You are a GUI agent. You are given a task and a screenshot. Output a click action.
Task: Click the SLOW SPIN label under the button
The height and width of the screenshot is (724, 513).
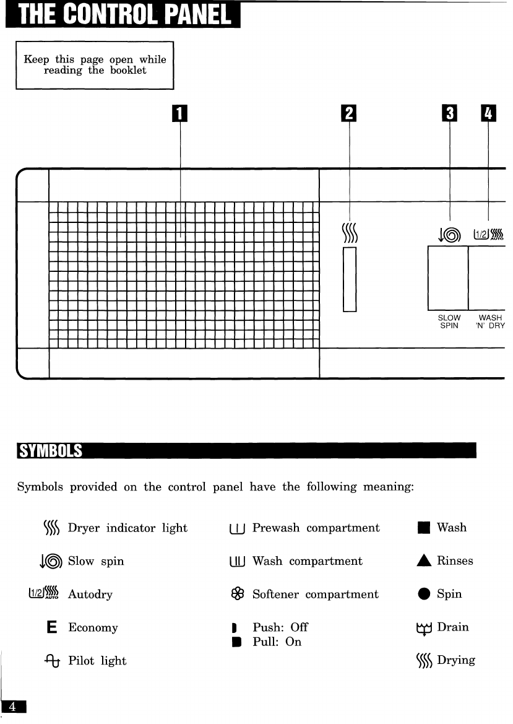pyautogui.click(x=449, y=322)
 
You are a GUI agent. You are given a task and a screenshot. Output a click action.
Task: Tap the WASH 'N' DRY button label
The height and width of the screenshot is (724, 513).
pyautogui.click(x=490, y=322)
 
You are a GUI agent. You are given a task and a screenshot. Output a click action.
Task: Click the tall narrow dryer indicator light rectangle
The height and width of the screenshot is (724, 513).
pyautogui.click(x=350, y=279)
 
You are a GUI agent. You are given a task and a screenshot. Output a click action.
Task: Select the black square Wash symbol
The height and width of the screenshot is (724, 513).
pyautogui.click(x=423, y=528)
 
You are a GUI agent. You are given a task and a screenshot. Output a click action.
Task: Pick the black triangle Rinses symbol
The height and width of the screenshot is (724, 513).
pyautogui.click(x=423, y=561)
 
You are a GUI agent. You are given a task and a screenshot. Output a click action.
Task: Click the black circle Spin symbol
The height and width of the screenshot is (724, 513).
pyautogui.click(x=423, y=595)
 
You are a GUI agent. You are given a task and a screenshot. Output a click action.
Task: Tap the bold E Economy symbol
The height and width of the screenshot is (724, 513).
pyautogui.click(x=52, y=628)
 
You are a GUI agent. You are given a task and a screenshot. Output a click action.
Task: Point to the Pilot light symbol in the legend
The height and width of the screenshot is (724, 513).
pyautogui.click(x=51, y=661)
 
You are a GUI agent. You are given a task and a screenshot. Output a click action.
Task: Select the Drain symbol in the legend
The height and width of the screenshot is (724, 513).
pyautogui.click(x=423, y=628)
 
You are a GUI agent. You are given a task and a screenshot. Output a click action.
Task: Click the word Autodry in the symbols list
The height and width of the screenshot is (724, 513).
pyautogui.click(x=90, y=595)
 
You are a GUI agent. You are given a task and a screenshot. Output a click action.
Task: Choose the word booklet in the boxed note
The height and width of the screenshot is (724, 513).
pyautogui.click(x=128, y=71)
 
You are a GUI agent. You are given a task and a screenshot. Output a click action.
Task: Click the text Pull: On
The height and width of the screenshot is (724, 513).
pyautogui.click(x=277, y=642)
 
